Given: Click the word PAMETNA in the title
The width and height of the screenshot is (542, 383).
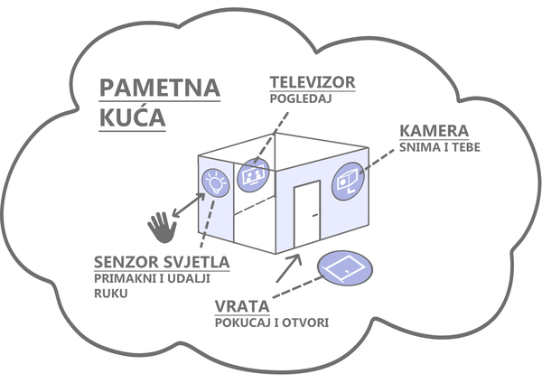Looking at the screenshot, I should [160, 88].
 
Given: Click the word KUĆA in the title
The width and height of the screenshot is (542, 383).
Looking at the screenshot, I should [133, 118].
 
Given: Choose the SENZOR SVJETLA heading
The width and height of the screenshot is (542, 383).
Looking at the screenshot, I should [161, 263].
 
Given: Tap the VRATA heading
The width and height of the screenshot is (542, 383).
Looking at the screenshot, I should [241, 306].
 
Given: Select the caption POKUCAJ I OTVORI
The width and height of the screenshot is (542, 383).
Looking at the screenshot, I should [271, 322].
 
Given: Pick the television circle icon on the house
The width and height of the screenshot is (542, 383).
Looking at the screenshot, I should [253, 173].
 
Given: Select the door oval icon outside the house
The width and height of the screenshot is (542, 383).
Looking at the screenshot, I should [344, 268].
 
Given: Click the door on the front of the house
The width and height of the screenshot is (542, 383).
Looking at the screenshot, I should [306, 214].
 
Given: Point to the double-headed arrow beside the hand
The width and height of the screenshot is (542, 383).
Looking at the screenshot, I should [188, 205].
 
